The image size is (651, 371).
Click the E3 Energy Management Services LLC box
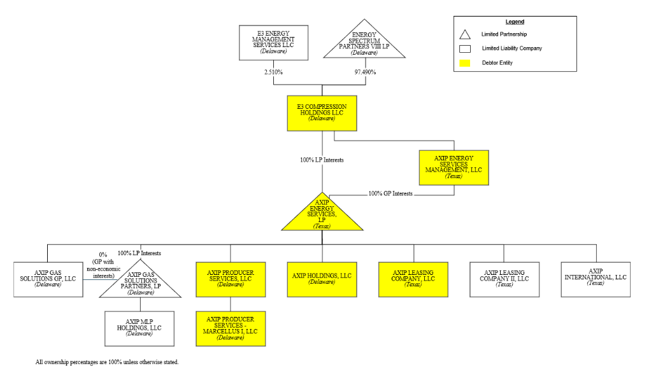coord(273,43)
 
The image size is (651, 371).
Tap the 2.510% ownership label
coord(273,73)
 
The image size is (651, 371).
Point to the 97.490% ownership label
coord(365,73)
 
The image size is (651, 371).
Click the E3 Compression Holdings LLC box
coord(322,113)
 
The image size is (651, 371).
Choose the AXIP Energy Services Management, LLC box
coord(454,167)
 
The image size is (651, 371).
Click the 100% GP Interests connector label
coord(390,193)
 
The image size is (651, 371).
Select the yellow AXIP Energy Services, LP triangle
coord(322,216)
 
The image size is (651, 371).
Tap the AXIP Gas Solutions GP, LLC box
coord(49,279)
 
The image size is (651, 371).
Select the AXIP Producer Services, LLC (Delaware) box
coord(231,279)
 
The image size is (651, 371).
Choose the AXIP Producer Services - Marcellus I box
coord(231,328)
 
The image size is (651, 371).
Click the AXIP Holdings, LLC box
coord(322,279)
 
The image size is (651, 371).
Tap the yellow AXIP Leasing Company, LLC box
coord(413,279)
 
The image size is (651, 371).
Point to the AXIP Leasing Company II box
coord(504,279)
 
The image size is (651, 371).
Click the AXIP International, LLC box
coord(596,279)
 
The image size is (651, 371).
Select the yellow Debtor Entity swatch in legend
coord(465,63)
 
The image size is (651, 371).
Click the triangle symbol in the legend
coord(465,34)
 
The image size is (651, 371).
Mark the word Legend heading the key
coord(515,22)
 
